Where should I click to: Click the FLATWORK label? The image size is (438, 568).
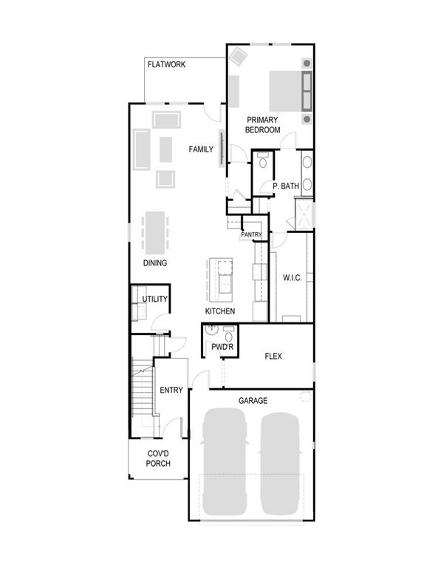point(166,65)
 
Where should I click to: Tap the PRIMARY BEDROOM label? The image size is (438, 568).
point(263,124)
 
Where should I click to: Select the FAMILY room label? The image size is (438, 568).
point(201,149)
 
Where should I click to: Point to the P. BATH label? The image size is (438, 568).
point(285,186)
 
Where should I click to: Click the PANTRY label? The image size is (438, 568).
point(251,234)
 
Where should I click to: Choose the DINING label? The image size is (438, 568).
point(155,263)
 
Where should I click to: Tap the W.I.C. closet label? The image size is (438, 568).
point(292,279)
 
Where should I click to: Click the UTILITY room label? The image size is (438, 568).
point(155,300)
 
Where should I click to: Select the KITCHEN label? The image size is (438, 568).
point(220,311)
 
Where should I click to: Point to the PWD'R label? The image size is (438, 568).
point(222,346)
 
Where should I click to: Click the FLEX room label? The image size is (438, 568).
point(274,356)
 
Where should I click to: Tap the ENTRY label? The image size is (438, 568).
point(171,390)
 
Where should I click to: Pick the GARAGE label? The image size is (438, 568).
point(253,401)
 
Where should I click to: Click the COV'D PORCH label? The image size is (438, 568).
point(158,459)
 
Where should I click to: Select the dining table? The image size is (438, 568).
point(155,231)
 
